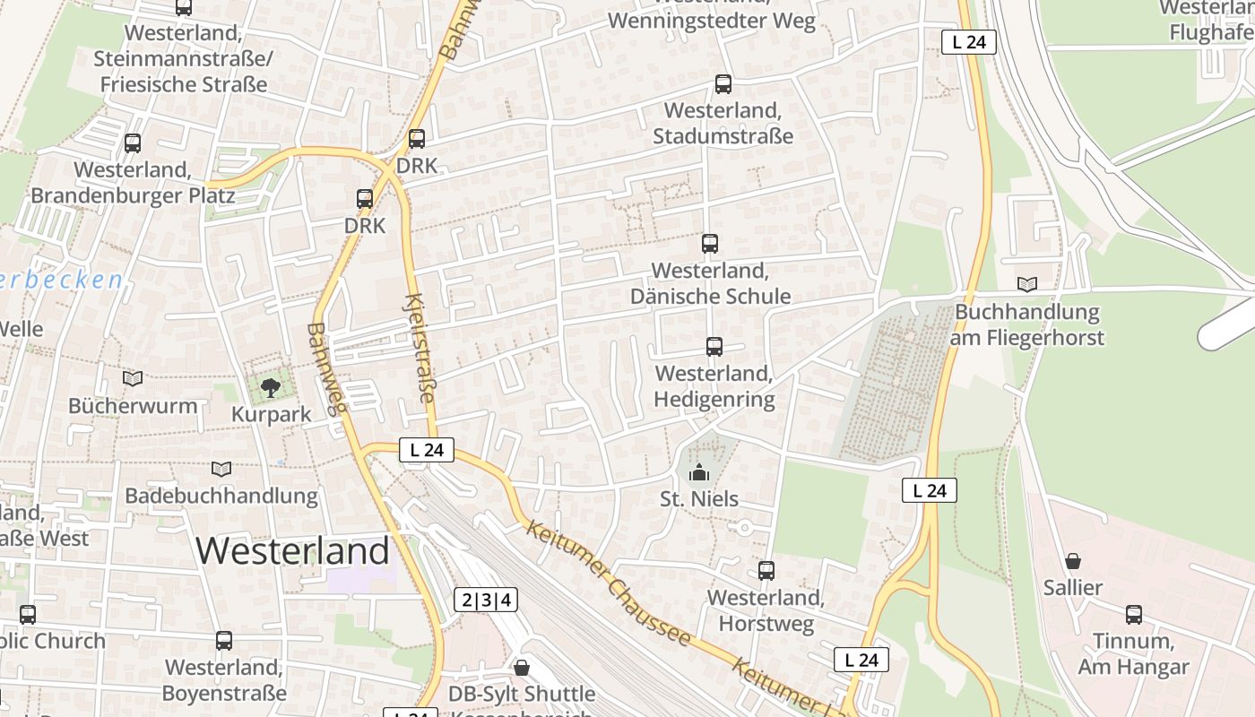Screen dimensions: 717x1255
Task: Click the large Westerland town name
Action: pos(292,550)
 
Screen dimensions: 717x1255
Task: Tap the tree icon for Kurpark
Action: pos(269,387)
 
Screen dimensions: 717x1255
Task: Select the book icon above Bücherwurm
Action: pos(133,379)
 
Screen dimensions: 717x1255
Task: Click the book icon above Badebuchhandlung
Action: pos(221,469)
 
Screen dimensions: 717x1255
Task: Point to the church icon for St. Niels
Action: pos(698,472)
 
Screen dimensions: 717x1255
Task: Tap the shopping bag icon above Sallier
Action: pos(1073,562)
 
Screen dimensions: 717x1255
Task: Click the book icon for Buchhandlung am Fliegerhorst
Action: pos(1027,285)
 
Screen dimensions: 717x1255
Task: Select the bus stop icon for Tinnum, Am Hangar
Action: pos(1134,615)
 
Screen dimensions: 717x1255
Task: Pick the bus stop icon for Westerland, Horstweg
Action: pos(766,571)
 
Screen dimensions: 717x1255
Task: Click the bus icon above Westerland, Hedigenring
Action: pos(714,347)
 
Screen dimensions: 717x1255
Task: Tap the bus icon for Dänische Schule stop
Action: pos(709,244)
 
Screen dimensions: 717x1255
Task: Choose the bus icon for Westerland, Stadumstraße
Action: pos(723,84)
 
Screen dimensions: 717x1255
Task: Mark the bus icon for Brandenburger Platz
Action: pos(133,143)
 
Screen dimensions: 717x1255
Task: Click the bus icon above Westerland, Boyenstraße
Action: pos(224,642)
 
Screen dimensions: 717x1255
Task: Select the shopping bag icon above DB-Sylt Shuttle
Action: pos(522,668)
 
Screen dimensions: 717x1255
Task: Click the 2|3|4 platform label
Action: pos(486,600)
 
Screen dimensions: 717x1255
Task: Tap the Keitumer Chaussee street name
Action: pos(610,583)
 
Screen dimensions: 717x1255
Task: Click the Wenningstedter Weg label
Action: pos(712,21)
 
